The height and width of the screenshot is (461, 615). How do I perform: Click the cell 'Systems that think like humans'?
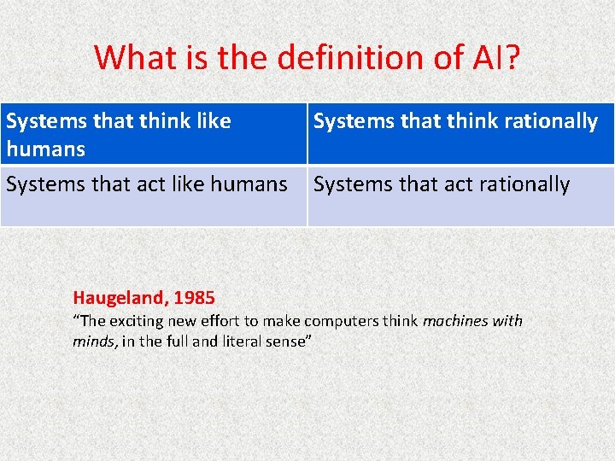coord(154,134)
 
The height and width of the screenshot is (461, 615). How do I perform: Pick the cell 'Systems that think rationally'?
coord(460,134)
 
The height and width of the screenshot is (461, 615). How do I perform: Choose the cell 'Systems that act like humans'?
coord(154,196)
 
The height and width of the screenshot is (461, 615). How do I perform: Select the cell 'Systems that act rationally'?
coord(460,196)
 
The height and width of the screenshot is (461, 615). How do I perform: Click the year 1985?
coord(194,298)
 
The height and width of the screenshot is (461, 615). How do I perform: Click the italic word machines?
coord(454,322)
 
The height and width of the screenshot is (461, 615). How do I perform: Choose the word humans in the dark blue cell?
coord(45,149)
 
